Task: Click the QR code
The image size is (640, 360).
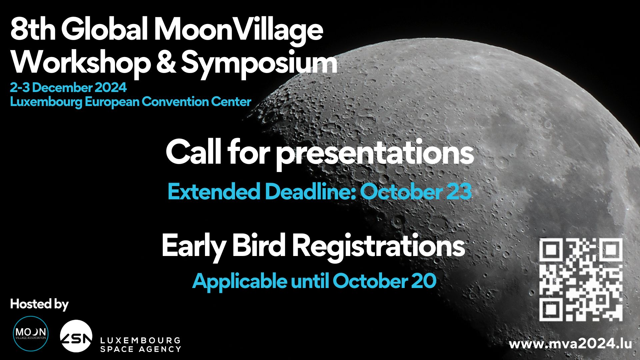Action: (581, 280)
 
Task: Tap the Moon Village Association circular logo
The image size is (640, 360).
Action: (30, 334)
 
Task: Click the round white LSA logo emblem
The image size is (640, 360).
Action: (76, 336)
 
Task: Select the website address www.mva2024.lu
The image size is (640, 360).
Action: (570, 344)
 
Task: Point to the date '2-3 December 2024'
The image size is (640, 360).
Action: (68, 88)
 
